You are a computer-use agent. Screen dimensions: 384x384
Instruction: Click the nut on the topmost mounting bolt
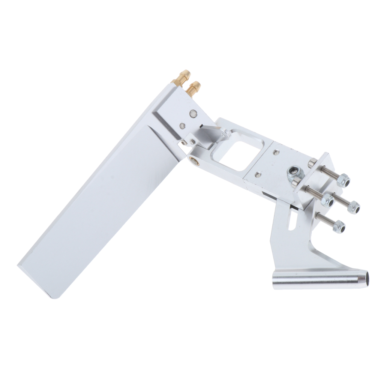(x=343, y=181)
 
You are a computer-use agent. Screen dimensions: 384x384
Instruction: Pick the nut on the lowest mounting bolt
(x=339, y=226)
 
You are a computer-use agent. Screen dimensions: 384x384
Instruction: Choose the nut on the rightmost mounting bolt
(x=353, y=207)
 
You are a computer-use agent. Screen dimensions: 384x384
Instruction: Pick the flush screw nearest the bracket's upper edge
(x=276, y=152)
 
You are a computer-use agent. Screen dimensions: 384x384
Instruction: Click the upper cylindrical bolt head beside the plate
(x=311, y=162)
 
